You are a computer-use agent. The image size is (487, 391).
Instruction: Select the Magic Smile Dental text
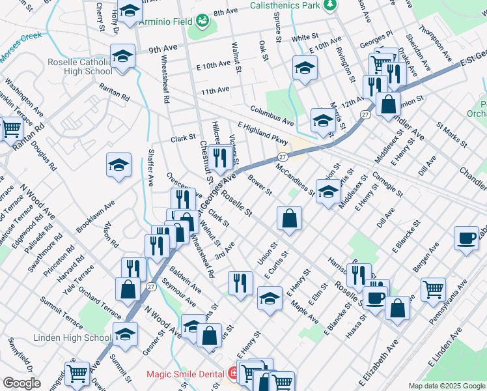pos(185,374)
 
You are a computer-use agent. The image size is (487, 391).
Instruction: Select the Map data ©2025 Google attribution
pos(446,386)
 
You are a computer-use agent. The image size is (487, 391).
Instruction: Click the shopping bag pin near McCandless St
pos(289,218)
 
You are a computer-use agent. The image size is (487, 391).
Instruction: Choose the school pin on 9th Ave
pos(122,57)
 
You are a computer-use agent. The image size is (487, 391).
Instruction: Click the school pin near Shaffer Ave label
pos(118,166)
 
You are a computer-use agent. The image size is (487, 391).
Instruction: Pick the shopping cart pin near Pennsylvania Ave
pos(433,289)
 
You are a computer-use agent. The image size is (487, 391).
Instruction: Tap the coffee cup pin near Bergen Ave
pos(466,239)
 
